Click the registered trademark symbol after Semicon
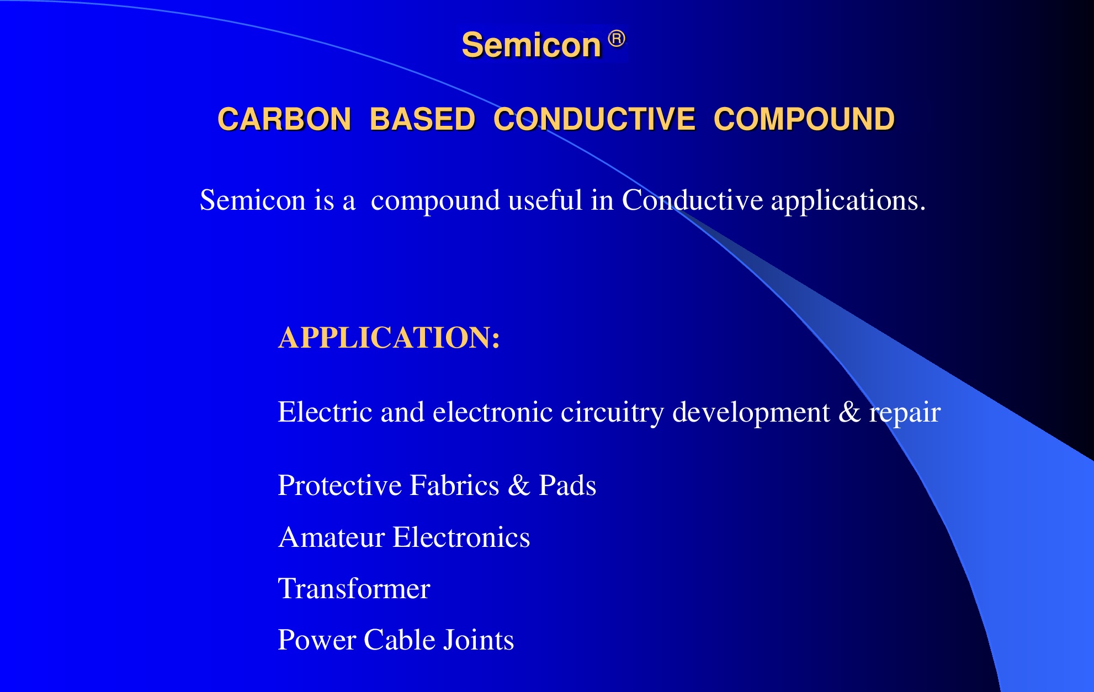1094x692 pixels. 617,39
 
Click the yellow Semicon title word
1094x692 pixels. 531,45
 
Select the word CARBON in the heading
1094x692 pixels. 284,119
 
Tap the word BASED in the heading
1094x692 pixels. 422,119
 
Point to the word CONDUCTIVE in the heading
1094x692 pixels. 594,119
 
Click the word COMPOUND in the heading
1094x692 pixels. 804,119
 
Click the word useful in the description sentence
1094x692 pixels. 545,200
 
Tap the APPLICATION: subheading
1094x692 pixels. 389,337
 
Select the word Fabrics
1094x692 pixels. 454,485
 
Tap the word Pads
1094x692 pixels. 567,485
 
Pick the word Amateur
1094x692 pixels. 332,537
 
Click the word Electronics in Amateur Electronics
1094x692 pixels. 461,537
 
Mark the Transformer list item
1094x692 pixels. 354,589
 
